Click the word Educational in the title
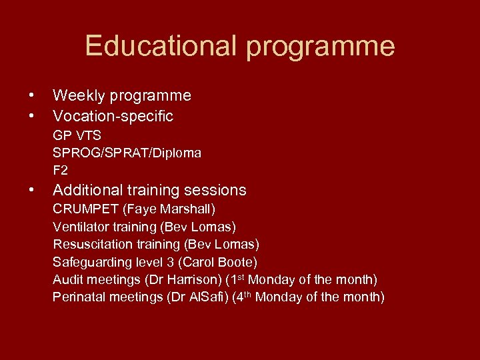[x=160, y=46]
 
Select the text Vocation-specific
[x=113, y=116]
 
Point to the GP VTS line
[x=77, y=136]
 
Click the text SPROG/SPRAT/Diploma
[x=127, y=153]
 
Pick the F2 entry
[x=61, y=170]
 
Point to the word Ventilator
[x=81, y=227]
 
